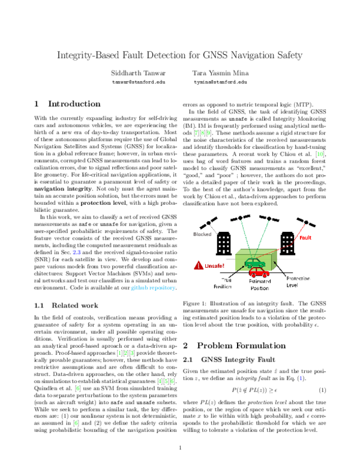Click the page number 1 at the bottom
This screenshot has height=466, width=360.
click(x=180, y=449)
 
